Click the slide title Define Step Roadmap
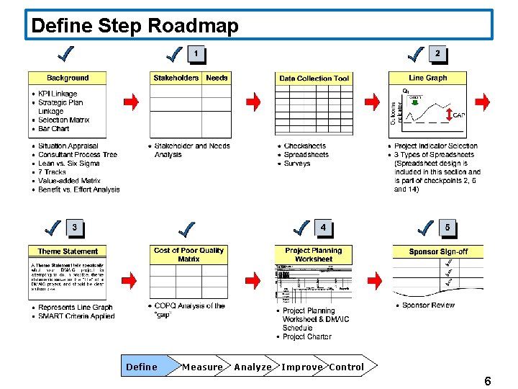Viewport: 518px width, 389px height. point(135,26)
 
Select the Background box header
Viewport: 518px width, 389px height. point(68,78)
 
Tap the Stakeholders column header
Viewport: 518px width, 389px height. point(176,78)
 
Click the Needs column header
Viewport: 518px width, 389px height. point(217,78)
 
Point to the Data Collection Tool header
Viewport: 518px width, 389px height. point(314,79)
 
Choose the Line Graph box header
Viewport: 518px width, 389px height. point(428,78)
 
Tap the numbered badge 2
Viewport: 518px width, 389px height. point(437,53)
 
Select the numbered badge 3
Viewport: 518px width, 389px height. point(74,228)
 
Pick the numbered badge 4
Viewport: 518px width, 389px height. point(323,228)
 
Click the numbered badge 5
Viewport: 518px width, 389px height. point(447,228)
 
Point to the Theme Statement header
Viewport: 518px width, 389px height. point(68,251)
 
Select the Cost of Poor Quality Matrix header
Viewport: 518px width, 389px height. point(189,254)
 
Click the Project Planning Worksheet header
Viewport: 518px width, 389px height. point(314,254)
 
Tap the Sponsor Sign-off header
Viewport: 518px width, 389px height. point(438,251)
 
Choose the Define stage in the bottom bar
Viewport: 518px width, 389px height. point(142,367)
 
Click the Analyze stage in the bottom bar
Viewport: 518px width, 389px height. point(253,367)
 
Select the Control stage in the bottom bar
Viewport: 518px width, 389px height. point(347,367)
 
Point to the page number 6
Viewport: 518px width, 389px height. point(488,381)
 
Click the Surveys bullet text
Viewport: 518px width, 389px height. point(297,164)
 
